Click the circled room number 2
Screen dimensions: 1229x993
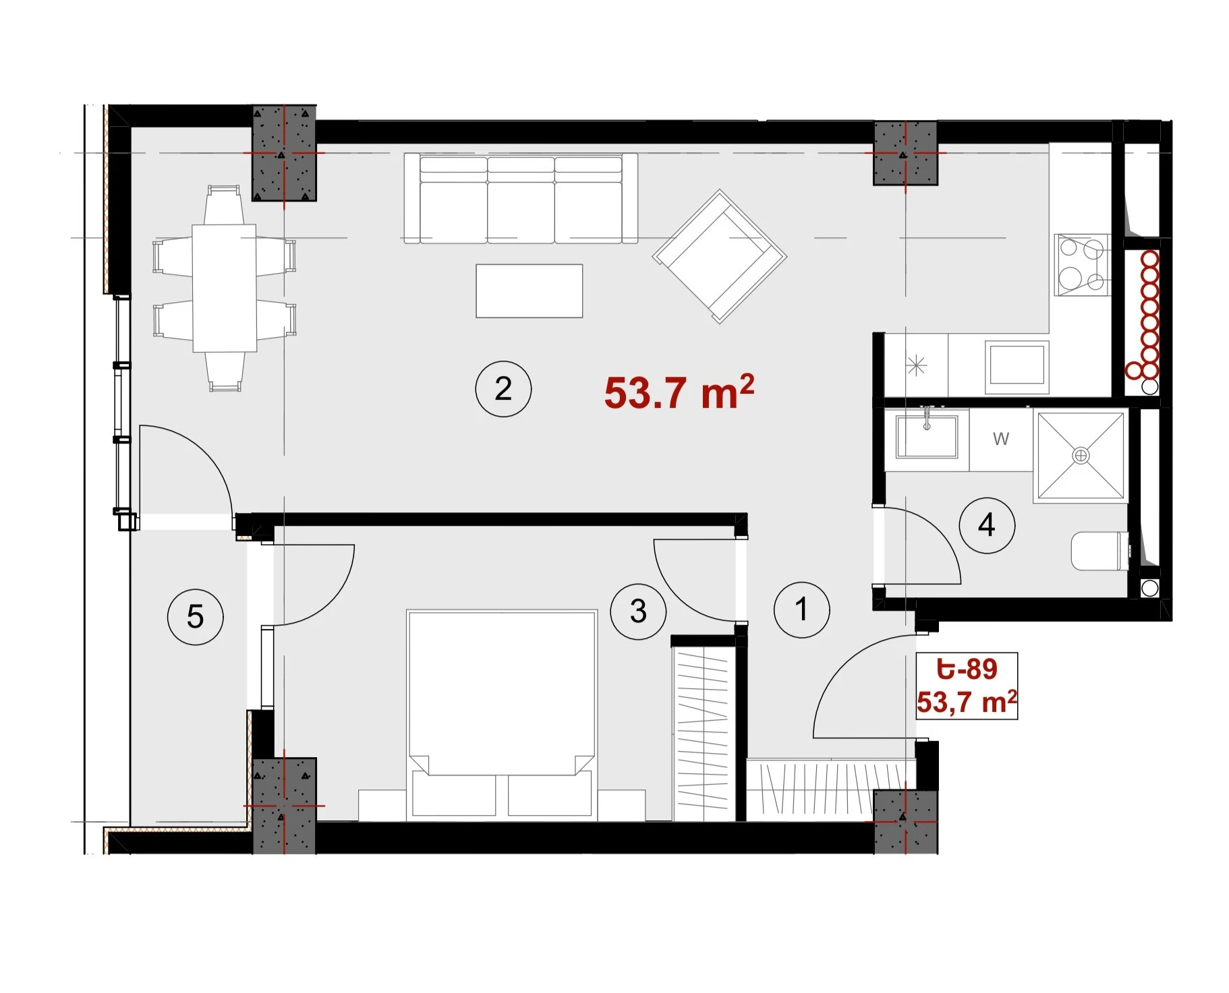pos(503,389)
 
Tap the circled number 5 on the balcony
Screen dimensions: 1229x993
pos(195,617)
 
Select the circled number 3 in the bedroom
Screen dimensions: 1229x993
pos(638,611)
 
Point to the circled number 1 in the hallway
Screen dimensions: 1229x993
pos(801,610)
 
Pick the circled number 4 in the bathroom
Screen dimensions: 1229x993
pos(987,525)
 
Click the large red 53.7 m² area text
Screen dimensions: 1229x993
pos(679,392)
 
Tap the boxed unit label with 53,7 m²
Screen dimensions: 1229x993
pos(967,686)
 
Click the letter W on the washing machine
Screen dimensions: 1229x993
pos(1001,439)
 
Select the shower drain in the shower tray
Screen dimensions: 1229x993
pos(1081,456)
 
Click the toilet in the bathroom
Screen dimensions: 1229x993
pos(1100,551)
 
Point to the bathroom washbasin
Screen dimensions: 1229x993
pos(927,435)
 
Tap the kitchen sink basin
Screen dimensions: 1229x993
pos(1017,366)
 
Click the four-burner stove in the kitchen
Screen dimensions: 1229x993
pos(1082,265)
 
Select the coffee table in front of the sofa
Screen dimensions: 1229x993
pos(530,291)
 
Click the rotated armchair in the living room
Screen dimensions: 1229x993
pos(719,256)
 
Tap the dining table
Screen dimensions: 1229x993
pos(225,288)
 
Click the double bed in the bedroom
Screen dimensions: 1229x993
pos(502,715)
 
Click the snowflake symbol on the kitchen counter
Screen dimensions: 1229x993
pos(916,366)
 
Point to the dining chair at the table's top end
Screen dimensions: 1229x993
pos(224,205)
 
